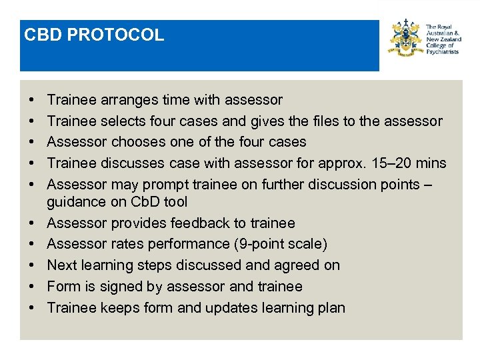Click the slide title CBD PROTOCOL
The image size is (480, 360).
[x=94, y=35]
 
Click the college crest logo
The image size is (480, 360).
[x=407, y=38]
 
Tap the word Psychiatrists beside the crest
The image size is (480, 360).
[x=442, y=52]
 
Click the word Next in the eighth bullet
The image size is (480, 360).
[x=63, y=265]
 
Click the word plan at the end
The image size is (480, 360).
[x=331, y=308]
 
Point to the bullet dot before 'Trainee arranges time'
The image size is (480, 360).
[x=33, y=100]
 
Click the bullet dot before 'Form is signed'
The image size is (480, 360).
[x=33, y=287]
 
